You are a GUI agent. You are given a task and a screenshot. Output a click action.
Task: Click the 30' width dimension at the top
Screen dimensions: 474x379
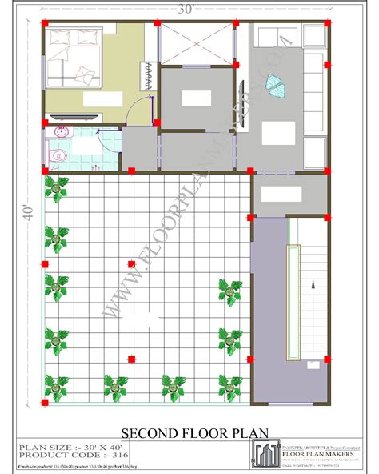coord(186,10)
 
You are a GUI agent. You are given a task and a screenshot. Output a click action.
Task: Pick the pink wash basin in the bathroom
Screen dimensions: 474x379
coord(63,131)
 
